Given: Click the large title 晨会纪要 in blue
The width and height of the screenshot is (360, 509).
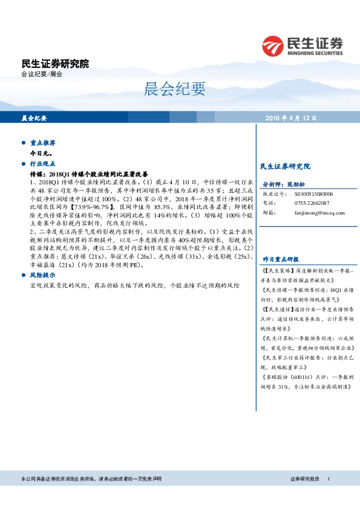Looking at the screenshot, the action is [x=175, y=89].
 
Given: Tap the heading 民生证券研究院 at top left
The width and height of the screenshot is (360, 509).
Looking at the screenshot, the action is [x=55, y=63].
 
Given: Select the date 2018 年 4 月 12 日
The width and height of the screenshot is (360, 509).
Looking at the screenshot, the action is [x=292, y=118].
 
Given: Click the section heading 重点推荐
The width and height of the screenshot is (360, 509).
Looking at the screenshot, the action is [x=43, y=143].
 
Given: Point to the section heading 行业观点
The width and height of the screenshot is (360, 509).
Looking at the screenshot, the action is [x=43, y=163].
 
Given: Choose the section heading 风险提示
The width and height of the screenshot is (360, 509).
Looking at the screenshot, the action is [x=43, y=274].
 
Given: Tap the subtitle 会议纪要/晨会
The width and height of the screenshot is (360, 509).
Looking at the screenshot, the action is [x=42, y=74].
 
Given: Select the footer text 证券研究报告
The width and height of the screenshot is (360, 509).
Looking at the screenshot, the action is [x=305, y=479].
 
